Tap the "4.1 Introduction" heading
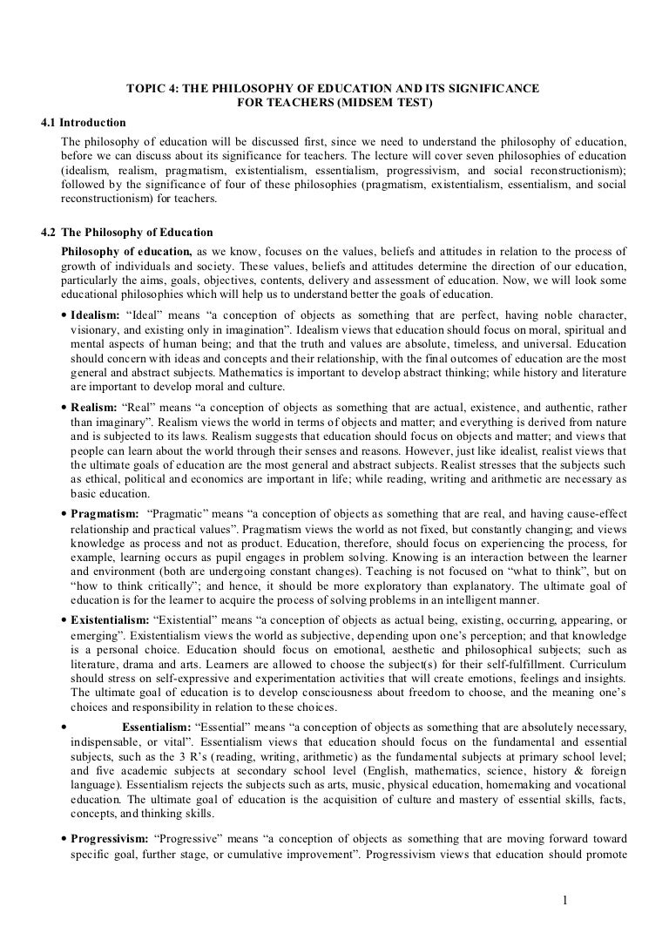tap(84, 122)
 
